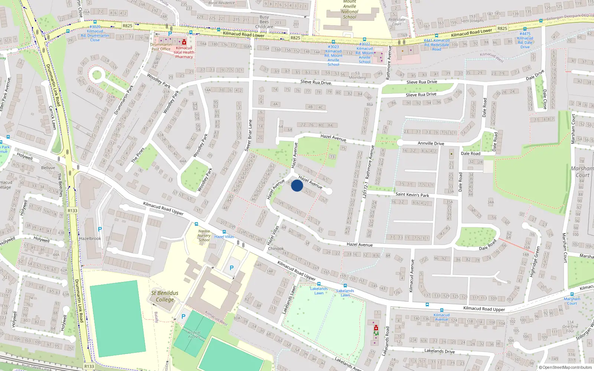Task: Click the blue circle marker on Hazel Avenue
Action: coord(297,185)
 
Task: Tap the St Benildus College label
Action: coord(164,296)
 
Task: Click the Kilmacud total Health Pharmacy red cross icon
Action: coord(184,43)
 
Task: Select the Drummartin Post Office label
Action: coord(161,47)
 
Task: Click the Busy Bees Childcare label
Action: coord(264,22)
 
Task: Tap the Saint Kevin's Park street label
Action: coord(412,194)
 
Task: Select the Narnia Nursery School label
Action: coord(204,236)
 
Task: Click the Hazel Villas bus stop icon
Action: coord(224,232)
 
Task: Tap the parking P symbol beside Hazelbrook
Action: coord(99,229)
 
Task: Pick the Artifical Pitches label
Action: coord(194,335)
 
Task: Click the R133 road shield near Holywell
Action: coord(72,211)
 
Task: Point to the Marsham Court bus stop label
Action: coord(572,301)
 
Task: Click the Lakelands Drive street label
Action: coord(439,351)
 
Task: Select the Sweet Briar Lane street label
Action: coord(248,135)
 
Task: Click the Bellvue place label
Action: coord(48,168)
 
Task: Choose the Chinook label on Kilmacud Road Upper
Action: coord(276,249)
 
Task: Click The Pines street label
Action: coord(137,155)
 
